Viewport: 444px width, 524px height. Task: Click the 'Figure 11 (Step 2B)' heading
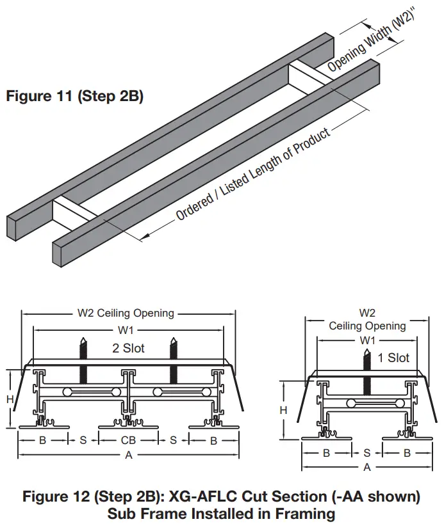click(x=74, y=97)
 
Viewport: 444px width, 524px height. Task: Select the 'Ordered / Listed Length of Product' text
click(x=254, y=174)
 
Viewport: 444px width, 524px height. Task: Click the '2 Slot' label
click(x=128, y=348)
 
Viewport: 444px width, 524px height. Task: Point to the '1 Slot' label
click(x=393, y=358)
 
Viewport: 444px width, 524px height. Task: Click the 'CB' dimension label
click(x=128, y=440)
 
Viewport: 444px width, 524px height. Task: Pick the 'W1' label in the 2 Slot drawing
click(x=126, y=330)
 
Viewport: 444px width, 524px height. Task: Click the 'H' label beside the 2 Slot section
click(x=10, y=399)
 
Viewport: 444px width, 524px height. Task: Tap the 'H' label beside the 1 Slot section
click(x=283, y=410)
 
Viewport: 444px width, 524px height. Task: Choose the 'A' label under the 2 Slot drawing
click(x=129, y=455)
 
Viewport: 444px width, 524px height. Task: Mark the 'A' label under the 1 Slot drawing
click(x=367, y=467)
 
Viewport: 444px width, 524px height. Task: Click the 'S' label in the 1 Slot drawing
click(x=367, y=453)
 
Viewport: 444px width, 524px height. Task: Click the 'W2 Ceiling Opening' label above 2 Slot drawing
click(x=126, y=314)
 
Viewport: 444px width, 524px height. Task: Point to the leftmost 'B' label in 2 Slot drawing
click(x=42, y=440)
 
